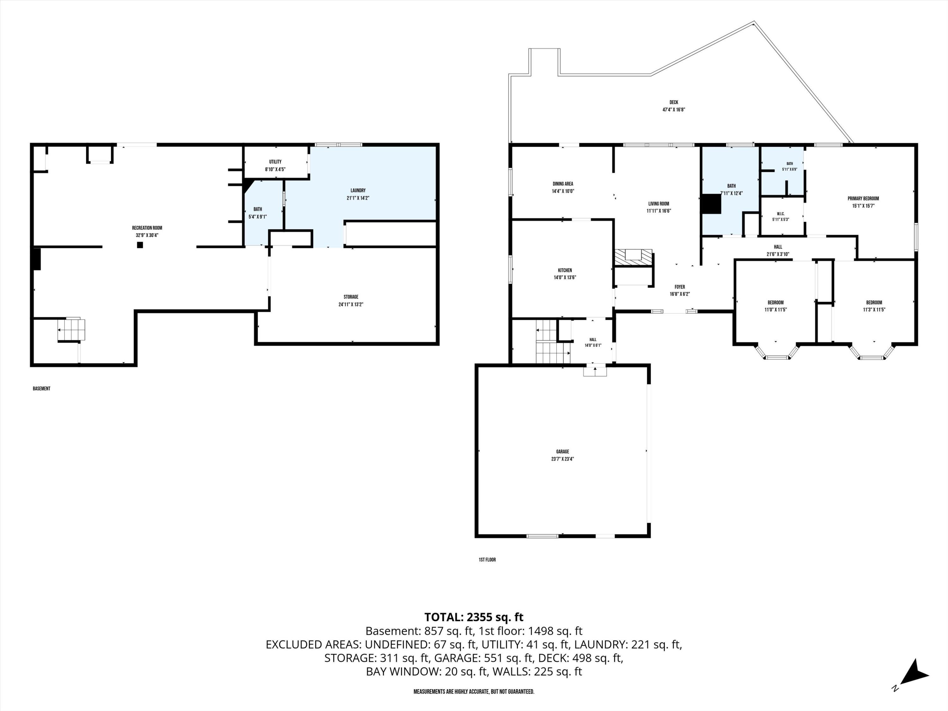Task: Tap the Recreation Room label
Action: pyautogui.click(x=147, y=228)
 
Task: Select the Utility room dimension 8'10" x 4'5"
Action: pyautogui.click(x=275, y=169)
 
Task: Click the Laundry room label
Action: pyautogui.click(x=358, y=190)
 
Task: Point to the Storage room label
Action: pyautogui.click(x=351, y=297)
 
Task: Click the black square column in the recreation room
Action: pyautogui.click(x=140, y=245)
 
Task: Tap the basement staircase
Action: pyautogui.click(x=71, y=329)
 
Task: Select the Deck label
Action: pyautogui.click(x=674, y=102)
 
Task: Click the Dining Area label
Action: pyautogui.click(x=563, y=184)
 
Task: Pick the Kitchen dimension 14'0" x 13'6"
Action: pyautogui.click(x=565, y=277)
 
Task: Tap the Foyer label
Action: pyautogui.click(x=680, y=287)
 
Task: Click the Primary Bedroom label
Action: pyautogui.click(x=863, y=198)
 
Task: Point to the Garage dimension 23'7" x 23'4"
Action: pyautogui.click(x=563, y=459)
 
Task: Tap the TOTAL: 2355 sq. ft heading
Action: pyautogui.click(x=474, y=617)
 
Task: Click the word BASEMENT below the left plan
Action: pyautogui.click(x=42, y=389)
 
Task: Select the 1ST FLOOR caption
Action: pyautogui.click(x=487, y=560)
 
